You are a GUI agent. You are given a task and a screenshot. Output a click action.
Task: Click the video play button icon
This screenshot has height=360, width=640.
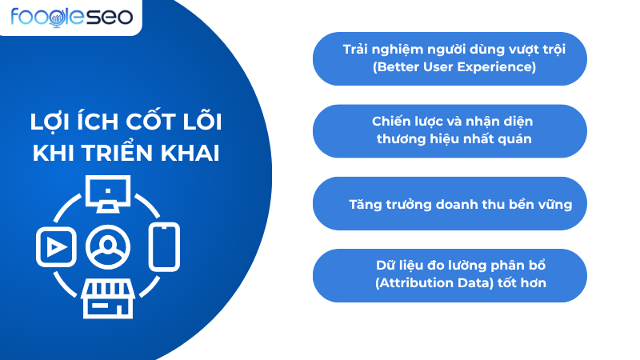[x=55, y=247]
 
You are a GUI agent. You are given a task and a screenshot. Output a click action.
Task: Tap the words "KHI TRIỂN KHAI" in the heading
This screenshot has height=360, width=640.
[x=126, y=153]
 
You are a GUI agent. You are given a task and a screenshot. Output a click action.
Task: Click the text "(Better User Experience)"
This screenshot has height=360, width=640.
[x=454, y=67]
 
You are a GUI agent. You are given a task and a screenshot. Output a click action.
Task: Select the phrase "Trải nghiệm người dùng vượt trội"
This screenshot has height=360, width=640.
[x=454, y=49]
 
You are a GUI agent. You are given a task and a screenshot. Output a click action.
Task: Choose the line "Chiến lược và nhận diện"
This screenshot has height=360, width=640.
[x=453, y=122]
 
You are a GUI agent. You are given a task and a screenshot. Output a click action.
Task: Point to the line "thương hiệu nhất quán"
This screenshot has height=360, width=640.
[x=454, y=139]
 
